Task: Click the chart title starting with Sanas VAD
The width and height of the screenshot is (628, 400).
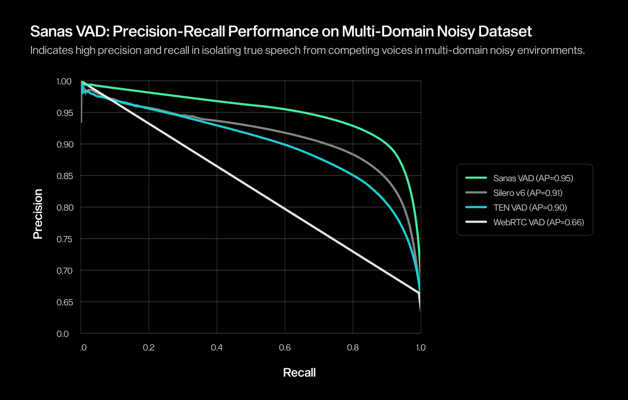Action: click(x=281, y=31)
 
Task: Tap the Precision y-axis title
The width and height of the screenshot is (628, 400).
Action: click(x=38, y=214)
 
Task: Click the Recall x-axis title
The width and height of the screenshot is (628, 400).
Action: click(x=299, y=373)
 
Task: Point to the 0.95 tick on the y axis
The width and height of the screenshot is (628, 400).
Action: click(x=64, y=113)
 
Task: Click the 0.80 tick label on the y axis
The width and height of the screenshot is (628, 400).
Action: click(x=64, y=207)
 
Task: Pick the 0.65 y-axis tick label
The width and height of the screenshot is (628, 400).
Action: click(x=64, y=302)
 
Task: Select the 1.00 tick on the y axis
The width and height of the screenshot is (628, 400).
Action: click(x=64, y=81)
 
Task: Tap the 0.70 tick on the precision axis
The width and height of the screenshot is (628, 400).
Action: click(x=64, y=270)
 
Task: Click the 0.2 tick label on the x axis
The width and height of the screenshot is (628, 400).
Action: click(x=149, y=347)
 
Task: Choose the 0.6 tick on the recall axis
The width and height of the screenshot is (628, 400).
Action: click(x=285, y=347)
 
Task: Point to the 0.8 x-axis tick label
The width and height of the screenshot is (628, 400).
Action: click(x=353, y=347)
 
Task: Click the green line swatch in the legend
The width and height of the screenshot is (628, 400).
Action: click(x=476, y=178)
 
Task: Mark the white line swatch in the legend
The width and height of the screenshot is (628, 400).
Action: click(x=476, y=222)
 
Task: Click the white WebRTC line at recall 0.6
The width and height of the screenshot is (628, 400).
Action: click(x=285, y=207)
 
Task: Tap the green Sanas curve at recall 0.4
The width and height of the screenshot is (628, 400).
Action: click(x=217, y=101)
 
